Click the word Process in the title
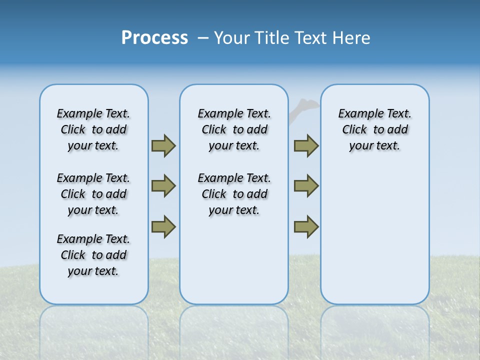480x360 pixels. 154,37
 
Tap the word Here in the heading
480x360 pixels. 351,38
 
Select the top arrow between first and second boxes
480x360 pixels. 163,145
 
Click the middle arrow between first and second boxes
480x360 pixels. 163,186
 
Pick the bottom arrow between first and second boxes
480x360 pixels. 163,226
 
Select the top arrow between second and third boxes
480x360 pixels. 306,145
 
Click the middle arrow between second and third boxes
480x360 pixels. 306,186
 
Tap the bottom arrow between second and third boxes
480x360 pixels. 306,226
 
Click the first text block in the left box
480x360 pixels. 93,129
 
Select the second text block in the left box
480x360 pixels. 93,194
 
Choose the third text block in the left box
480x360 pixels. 93,255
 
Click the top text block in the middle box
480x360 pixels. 234,129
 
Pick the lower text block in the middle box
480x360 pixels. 234,194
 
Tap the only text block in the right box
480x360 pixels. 375,129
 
